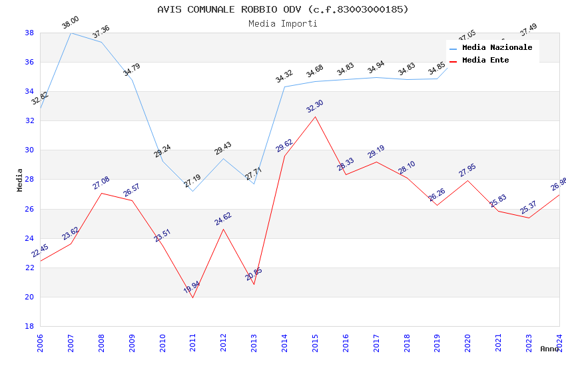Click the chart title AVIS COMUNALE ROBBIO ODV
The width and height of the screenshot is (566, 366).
click(x=283, y=9)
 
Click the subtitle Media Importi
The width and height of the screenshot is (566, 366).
click(x=283, y=23)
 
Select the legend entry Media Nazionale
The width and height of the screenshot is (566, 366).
click(x=497, y=47)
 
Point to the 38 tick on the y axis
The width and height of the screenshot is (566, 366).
click(x=29, y=33)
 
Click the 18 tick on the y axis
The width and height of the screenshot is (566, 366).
click(x=29, y=326)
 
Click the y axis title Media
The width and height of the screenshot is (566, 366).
click(x=20, y=180)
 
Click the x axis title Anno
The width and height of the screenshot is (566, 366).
click(x=549, y=349)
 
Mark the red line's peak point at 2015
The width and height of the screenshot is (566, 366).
click(x=315, y=116)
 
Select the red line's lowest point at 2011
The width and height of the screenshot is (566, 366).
click(x=193, y=297)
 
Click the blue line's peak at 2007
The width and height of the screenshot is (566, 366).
click(x=71, y=33)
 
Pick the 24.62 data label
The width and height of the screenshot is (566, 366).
click(x=222, y=219)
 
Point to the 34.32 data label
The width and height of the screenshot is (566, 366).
click(x=284, y=77)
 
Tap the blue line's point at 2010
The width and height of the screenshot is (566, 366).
click(x=162, y=161)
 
